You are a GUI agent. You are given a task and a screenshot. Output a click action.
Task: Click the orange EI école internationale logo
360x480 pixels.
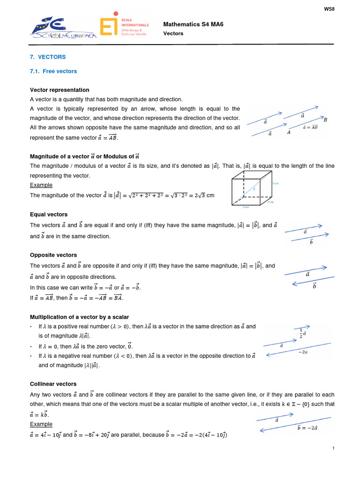124,27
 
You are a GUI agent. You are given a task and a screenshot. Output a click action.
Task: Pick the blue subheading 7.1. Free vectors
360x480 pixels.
53,71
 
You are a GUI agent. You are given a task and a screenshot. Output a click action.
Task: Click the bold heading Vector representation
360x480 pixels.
60,90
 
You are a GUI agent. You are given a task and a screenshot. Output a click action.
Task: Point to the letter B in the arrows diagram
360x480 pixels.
325,120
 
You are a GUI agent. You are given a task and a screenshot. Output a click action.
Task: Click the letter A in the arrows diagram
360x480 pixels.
289,133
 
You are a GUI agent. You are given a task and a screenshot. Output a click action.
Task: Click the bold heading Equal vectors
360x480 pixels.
49,214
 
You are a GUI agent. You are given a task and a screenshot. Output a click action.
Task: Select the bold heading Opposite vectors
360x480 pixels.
53,255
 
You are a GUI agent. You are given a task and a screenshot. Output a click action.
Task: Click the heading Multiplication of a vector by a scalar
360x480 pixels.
79,317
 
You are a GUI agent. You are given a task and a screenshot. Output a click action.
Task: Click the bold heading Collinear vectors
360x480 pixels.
53,384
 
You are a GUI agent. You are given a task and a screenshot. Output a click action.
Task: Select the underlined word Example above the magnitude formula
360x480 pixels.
41,185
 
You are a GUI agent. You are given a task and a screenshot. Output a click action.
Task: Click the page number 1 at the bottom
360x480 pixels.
333,449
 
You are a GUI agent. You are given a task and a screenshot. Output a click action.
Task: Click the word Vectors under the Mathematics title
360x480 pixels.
173,34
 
